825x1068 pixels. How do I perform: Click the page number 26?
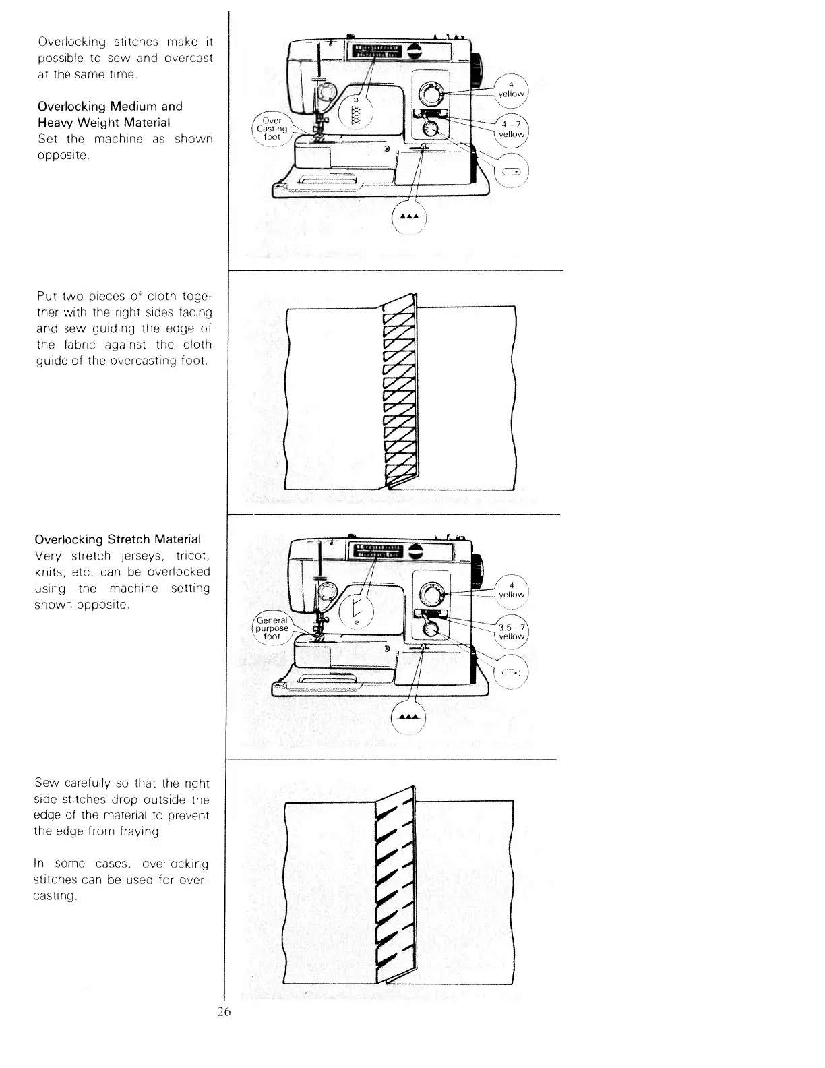pyautogui.click(x=224, y=1011)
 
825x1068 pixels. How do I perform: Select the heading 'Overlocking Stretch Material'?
pyautogui.click(x=117, y=539)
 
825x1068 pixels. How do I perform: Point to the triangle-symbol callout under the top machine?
pyautogui.click(x=409, y=217)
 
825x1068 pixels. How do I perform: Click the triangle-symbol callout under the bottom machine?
pyautogui.click(x=409, y=717)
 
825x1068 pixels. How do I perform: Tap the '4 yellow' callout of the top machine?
pyautogui.click(x=512, y=89)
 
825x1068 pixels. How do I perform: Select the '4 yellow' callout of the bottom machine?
pyautogui.click(x=512, y=590)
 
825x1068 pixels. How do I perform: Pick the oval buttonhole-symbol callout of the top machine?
pyautogui.click(x=511, y=171)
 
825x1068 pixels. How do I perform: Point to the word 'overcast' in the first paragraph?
pyautogui.click(x=189, y=58)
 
